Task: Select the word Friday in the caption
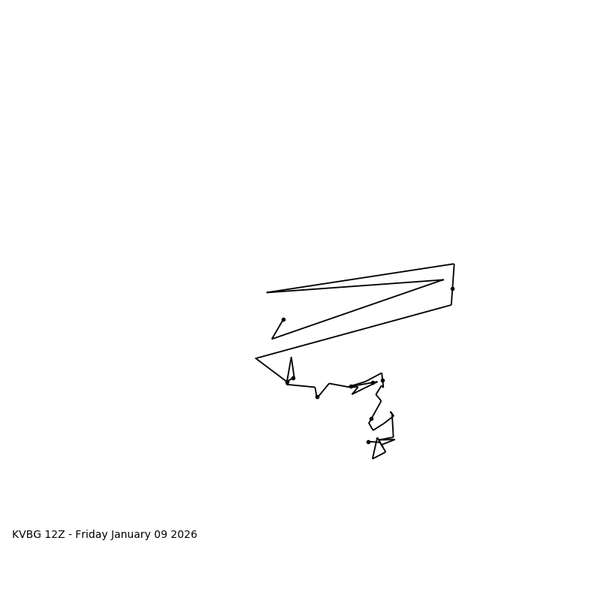(92, 535)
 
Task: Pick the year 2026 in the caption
(186, 535)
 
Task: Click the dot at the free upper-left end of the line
(283, 319)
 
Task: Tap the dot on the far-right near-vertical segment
(452, 288)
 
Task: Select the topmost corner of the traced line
(454, 264)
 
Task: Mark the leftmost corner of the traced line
(256, 358)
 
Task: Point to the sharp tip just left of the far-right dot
(443, 280)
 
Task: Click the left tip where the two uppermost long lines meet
(267, 292)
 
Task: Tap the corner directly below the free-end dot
(272, 339)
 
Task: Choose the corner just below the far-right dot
(452, 304)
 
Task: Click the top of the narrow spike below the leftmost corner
(291, 358)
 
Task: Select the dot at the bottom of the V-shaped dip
(317, 397)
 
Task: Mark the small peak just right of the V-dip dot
(329, 384)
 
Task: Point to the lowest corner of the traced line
(373, 458)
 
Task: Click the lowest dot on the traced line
(368, 442)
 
